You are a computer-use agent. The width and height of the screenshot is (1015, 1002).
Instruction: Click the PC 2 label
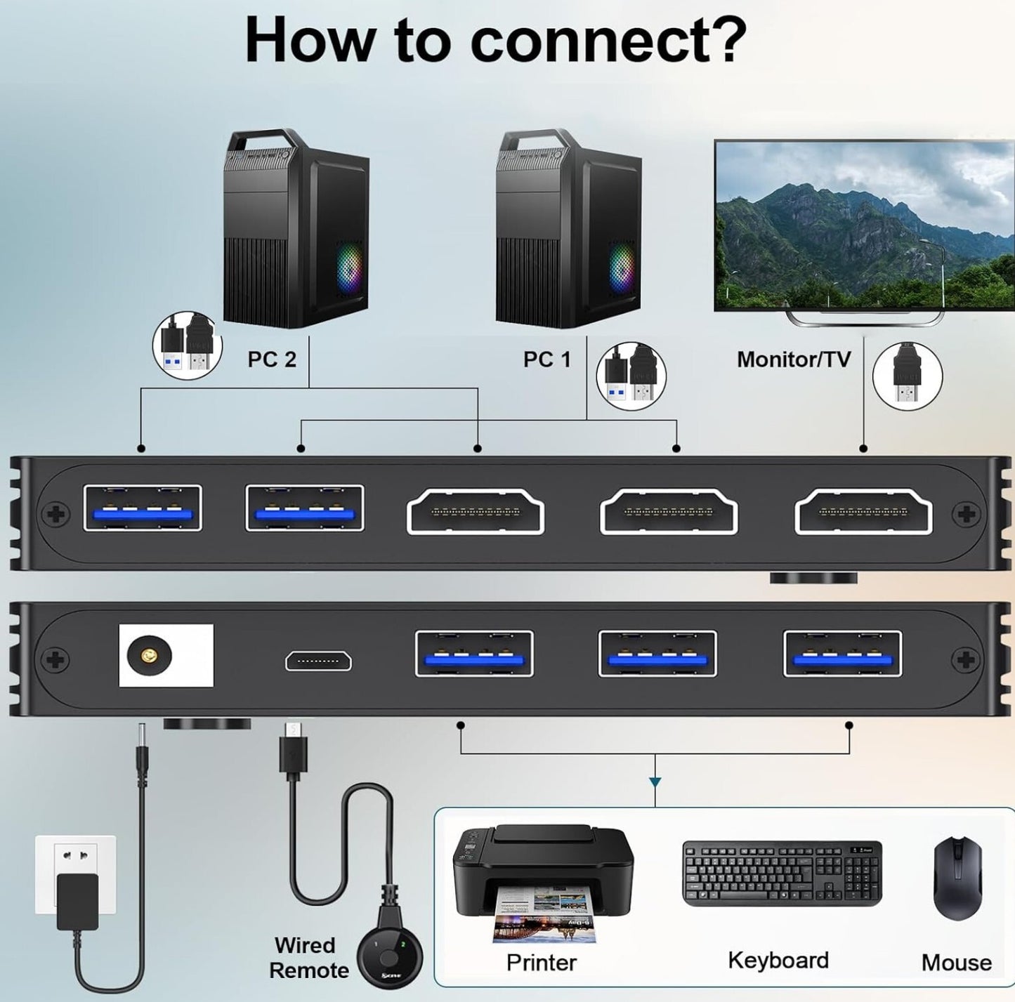click(272, 360)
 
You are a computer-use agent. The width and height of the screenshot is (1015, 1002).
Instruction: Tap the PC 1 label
click(547, 360)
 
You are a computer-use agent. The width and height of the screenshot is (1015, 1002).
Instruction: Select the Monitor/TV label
click(793, 360)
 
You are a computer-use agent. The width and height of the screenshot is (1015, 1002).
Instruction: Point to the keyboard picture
click(782, 873)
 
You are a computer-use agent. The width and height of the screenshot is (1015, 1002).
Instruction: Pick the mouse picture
click(957, 878)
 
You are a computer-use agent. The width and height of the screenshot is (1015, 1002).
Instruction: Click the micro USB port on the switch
click(318, 661)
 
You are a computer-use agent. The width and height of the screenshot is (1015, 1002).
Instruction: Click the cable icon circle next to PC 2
click(188, 346)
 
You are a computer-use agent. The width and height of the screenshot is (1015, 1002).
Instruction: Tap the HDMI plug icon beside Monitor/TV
click(907, 376)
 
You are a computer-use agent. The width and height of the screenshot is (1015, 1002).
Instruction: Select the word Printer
click(542, 962)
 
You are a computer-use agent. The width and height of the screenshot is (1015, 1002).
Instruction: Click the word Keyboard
click(778, 960)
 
